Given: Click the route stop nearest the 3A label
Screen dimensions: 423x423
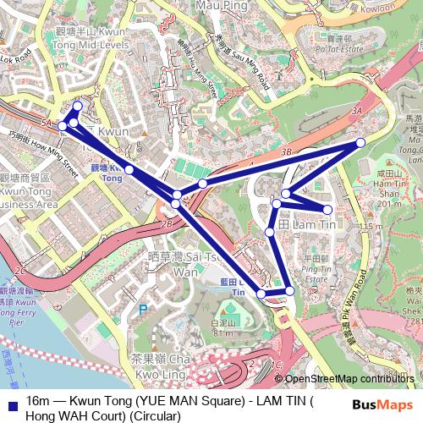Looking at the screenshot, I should [360, 142].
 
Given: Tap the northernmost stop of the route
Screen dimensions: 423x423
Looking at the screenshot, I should [78, 107].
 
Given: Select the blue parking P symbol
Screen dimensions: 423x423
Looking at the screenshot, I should [142, 310].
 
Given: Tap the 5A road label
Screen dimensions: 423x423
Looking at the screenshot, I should [44, 124].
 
